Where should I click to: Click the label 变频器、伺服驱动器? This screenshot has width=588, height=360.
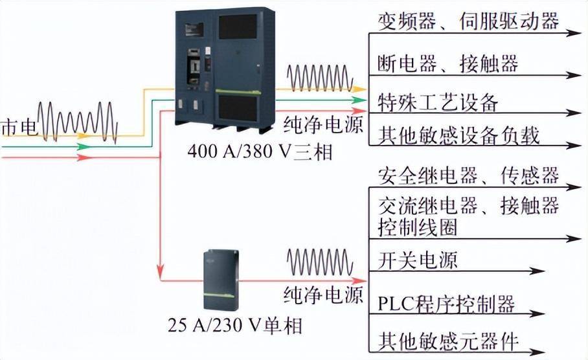[468, 21]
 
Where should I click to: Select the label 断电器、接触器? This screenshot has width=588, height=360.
[447, 63]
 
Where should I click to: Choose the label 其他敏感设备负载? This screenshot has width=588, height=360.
[458, 135]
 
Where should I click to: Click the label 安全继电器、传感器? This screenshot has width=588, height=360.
[468, 175]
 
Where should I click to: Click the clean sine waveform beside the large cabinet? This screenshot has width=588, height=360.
[321, 78]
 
